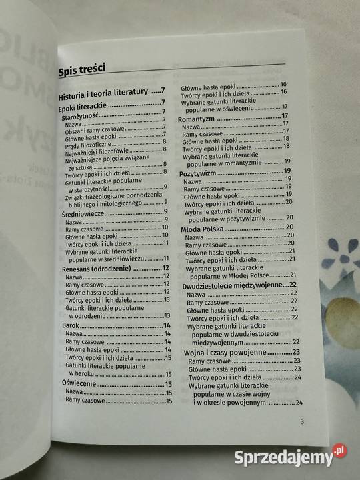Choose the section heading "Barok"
tap(71, 325)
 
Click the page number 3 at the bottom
tap(301, 421)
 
